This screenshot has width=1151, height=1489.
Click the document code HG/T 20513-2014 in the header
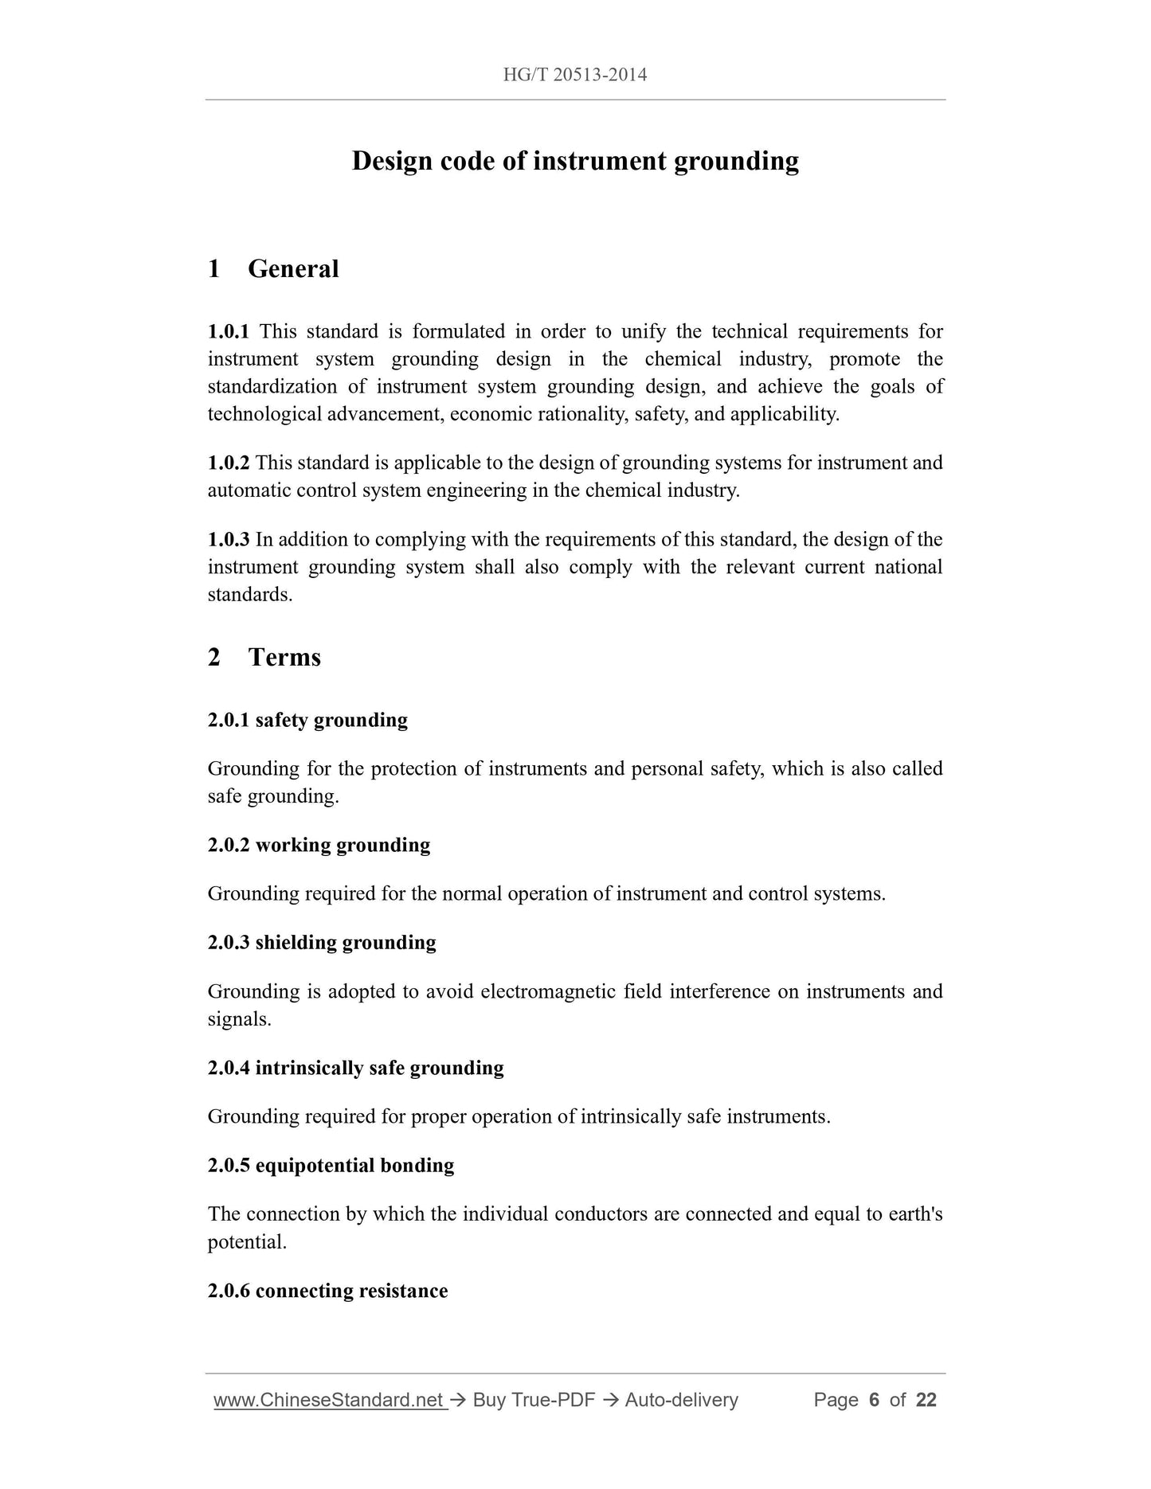coord(574,76)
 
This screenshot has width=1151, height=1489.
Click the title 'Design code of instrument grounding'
coord(575,161)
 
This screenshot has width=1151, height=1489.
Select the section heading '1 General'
coord(273,269)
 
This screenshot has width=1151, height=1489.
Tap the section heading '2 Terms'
coord(264,658)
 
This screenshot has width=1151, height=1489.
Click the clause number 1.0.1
coord(229,331)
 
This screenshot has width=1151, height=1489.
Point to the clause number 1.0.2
coord(229,463)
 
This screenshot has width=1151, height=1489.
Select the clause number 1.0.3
coord(229,540)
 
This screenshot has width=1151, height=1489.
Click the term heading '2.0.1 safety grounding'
coord(307,721)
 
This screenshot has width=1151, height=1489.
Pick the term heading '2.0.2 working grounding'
coord(319,846)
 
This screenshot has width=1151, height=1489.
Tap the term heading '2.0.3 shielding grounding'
coord(322,943)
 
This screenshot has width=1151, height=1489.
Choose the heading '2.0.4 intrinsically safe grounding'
coord(355,1068)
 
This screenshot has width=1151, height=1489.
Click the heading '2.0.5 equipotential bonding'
coord(331,1166)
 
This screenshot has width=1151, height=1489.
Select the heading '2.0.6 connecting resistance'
coord(327,1291)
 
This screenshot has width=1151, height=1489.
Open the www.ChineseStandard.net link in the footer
coord(328,1401)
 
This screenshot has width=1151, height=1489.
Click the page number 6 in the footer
coord(874,1401)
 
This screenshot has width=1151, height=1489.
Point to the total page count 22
coord(926,1401)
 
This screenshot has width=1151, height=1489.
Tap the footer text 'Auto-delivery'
coord(681,1401)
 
